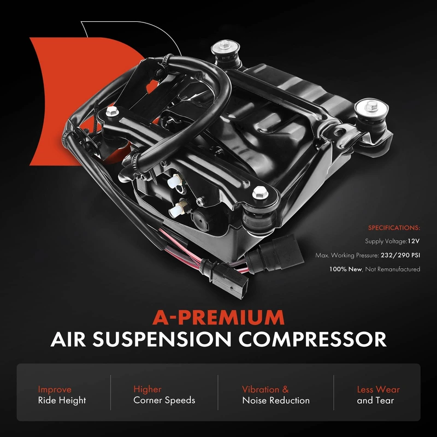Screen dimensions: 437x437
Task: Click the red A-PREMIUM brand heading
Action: [218, 317]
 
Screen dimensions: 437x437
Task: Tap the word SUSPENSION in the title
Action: [162, 339]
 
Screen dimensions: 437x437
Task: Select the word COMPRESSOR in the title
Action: [312, 339]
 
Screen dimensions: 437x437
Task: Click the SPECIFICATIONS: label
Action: [394, 228]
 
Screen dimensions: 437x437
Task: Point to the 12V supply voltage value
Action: [414, 241]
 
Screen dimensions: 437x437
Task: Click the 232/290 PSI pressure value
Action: [400, 255]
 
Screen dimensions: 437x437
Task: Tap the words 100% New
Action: [345, 269]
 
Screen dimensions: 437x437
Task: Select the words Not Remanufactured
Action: [393, 269]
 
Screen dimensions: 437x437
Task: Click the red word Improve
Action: [55, 389]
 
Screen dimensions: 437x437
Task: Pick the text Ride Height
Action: [62, 400]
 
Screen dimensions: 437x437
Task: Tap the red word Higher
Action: [147, 389]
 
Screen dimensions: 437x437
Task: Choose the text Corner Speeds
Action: [164, 400]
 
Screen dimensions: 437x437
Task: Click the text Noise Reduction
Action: [276, 400]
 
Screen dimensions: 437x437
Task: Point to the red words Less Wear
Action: [378, 389]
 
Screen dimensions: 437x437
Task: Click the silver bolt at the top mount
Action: [224, 45]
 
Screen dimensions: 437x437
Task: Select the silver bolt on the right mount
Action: [371, 106]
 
